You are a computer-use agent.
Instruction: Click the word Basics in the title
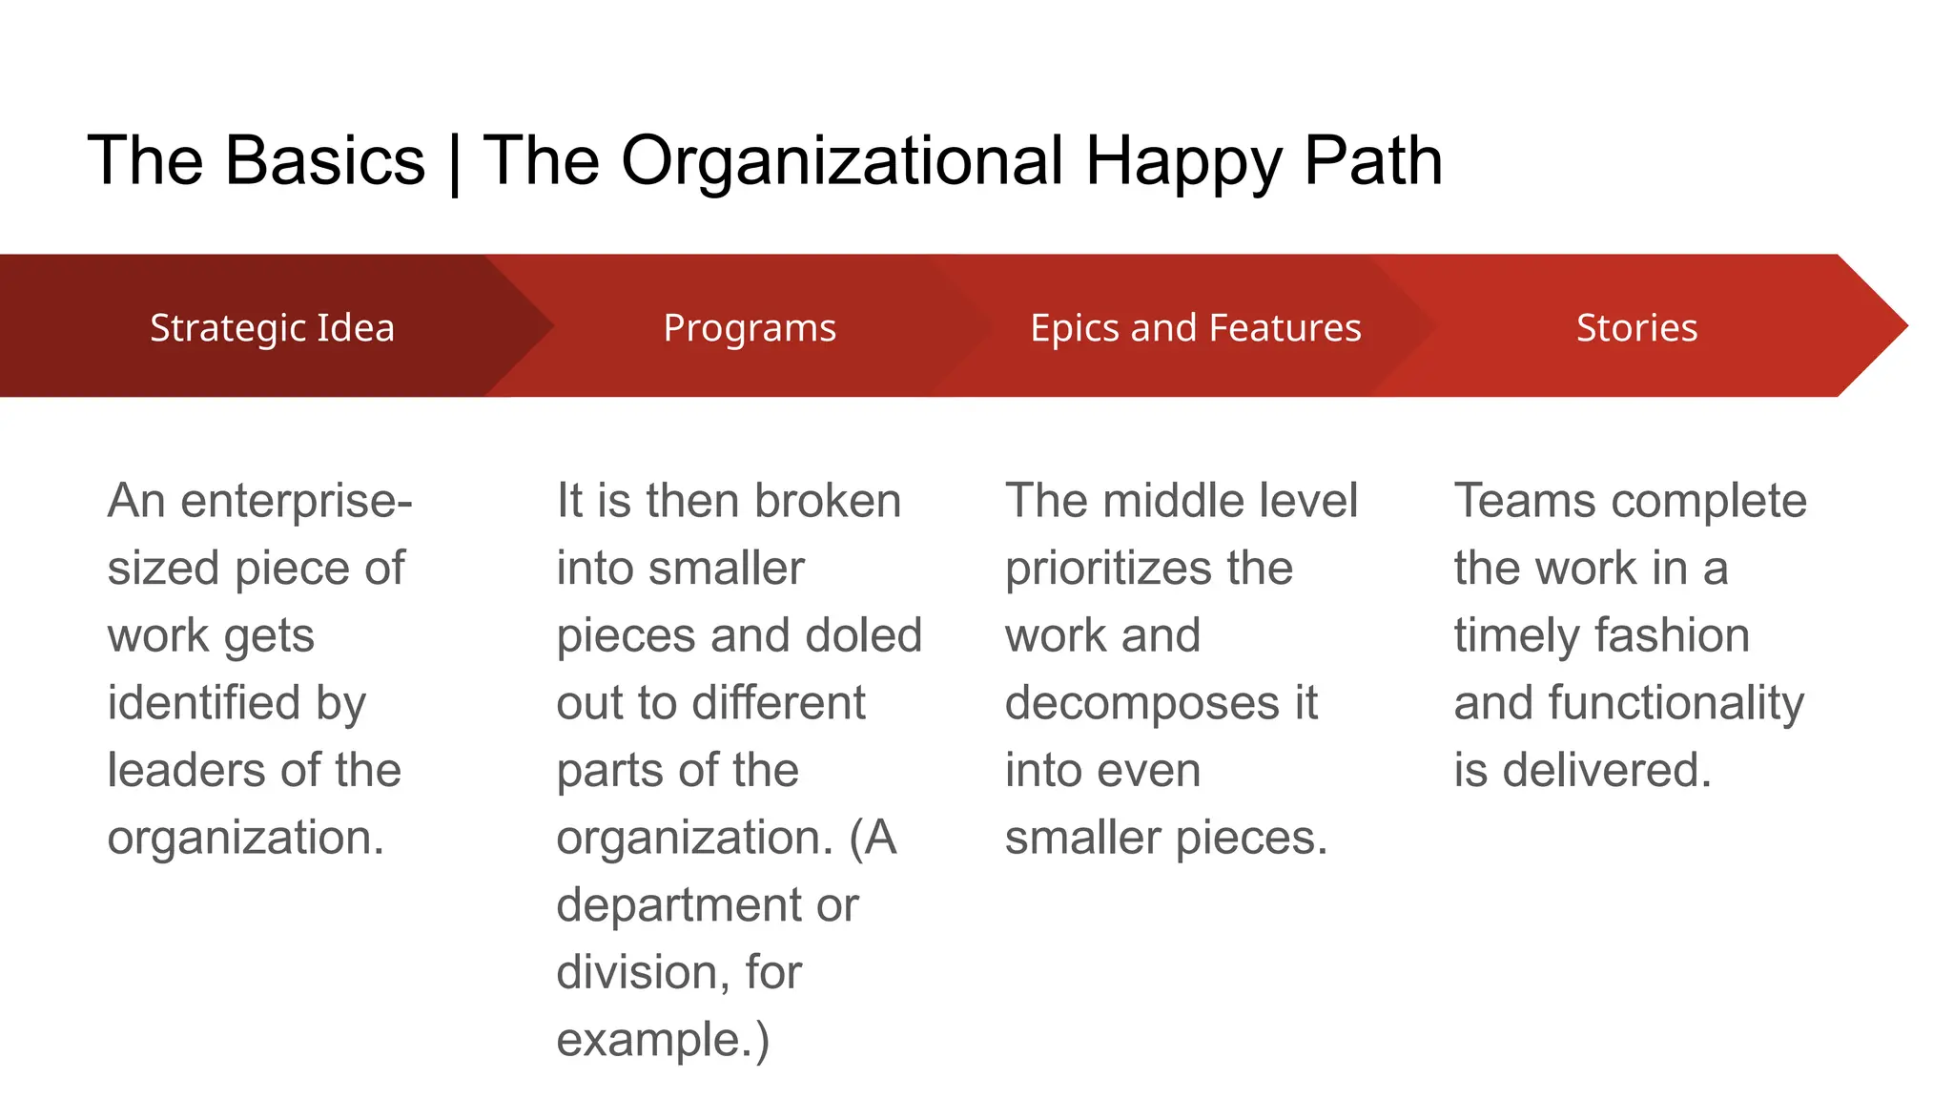tap(324, 160)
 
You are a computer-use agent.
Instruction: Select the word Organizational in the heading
tap(841, 160)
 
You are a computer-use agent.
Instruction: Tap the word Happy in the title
tap(1182, 160)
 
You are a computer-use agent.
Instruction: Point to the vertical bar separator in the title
tap(454, 162)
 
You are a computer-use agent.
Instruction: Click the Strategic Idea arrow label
tap(272, 327)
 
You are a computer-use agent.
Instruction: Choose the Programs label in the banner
tap(750, 327)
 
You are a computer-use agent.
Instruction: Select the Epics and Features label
tap(1196, 327)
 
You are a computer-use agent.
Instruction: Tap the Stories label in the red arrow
tap(1636, 327)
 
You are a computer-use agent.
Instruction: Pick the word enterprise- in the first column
tap(297, 501)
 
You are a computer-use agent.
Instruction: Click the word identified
tap(204, 703)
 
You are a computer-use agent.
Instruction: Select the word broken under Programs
tap(827, 501)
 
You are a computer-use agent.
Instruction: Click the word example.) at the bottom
tap(663, 1040)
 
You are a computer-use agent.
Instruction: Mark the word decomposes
tap(1141, 703)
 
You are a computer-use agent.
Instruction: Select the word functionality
tap(1675, 703)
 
